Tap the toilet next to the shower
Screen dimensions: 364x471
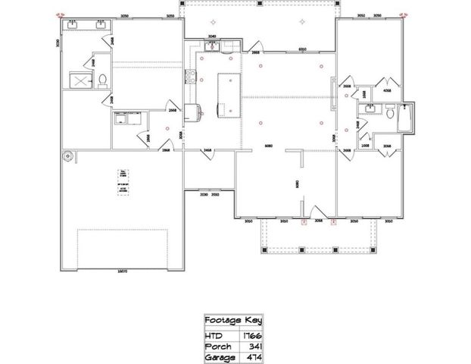(x=101, y=80)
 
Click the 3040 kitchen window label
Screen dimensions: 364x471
(x=213, y=36)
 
